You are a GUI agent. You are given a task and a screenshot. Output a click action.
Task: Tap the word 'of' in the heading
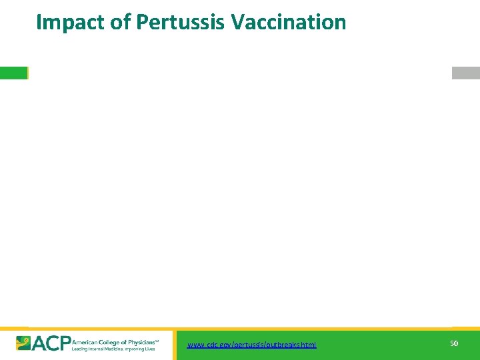coord(121,22)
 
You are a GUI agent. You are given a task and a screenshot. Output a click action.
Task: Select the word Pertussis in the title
coord(182,22)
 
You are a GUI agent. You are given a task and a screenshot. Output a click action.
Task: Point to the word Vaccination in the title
coord(289,22)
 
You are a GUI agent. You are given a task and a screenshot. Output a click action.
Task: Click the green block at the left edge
coord(14,73)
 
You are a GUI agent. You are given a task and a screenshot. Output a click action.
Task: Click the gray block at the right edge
coord(465,73)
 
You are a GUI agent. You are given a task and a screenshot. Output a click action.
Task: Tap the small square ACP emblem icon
coord(23,343)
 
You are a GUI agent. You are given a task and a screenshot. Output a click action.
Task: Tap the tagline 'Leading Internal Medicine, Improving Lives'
coord(113,349)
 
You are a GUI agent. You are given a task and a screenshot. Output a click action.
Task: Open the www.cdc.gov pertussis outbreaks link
coord(252,345)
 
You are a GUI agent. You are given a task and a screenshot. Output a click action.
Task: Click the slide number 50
coord(454,343)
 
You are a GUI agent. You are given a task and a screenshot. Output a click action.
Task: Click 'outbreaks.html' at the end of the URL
coord(294,345)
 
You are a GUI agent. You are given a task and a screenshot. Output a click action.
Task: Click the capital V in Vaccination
coord(238,22)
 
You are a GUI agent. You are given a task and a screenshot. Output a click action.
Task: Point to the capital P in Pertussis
coord(141,22)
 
